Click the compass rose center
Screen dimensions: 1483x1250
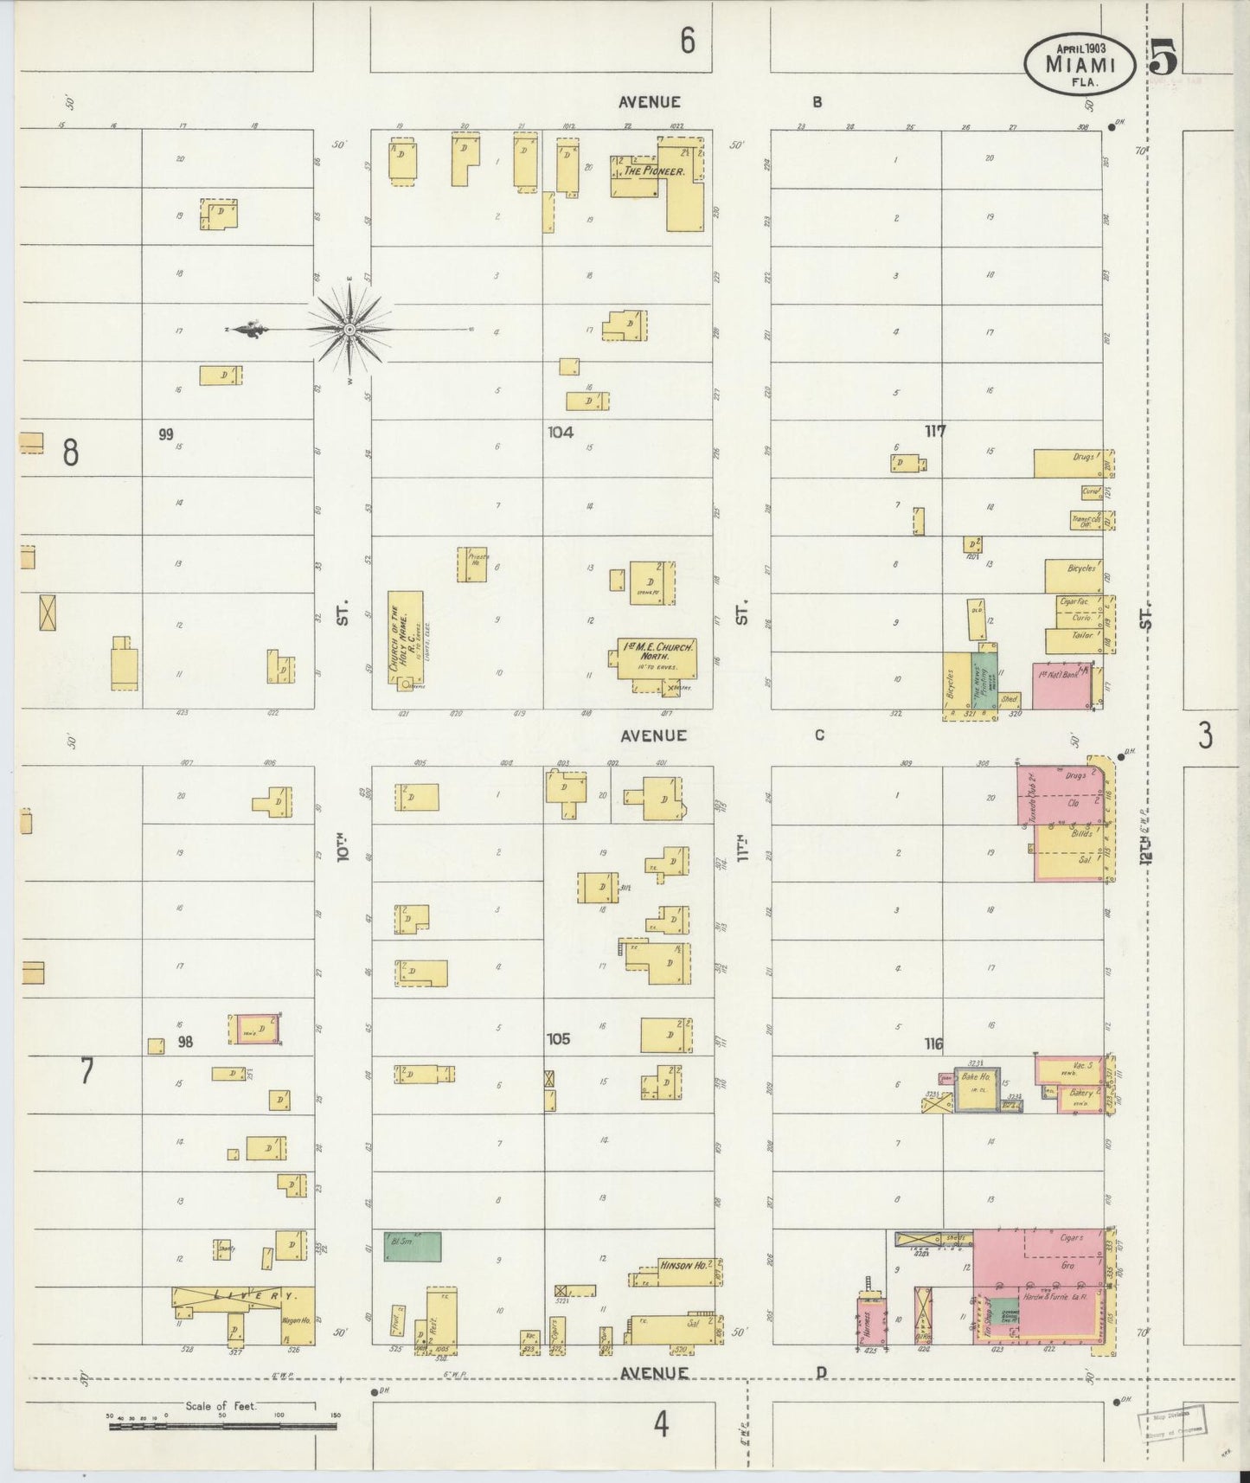point(349,330)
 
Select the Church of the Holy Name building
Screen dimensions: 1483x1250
point(405,639)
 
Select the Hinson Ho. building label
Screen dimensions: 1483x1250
point(683,1265)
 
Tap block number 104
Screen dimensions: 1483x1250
point(560,431)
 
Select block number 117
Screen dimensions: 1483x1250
point(934,431)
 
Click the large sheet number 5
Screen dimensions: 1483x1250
point(1163,59)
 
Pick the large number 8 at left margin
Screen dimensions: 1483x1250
point(70,453)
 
